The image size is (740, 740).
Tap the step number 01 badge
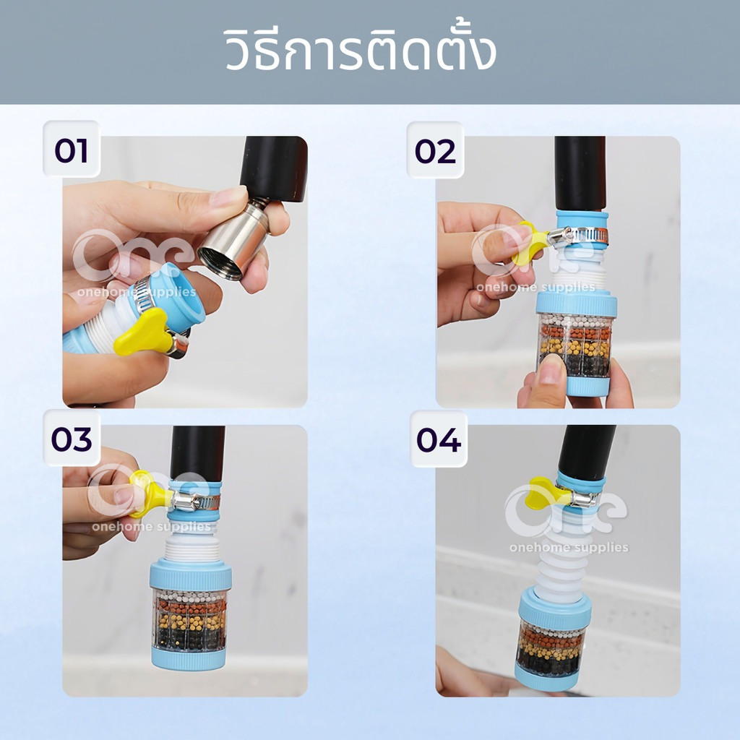72,150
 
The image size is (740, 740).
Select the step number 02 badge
435,150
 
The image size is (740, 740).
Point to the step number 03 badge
72,439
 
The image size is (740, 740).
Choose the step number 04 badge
439,439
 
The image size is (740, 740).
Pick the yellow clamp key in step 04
548,493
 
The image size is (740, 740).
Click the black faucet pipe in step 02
580,173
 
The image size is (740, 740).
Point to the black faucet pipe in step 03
197,453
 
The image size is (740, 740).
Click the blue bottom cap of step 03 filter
189,658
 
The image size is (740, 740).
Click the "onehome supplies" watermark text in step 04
569,547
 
